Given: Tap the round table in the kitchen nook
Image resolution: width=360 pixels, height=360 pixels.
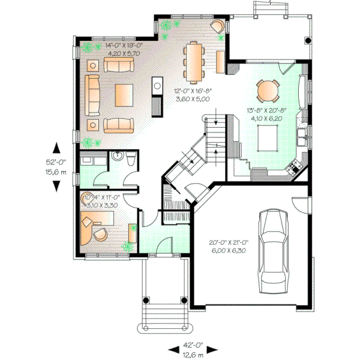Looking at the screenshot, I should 268,91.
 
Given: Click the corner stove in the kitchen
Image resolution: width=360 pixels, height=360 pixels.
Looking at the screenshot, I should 295,169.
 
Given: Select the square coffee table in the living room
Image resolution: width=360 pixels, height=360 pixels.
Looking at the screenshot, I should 125,95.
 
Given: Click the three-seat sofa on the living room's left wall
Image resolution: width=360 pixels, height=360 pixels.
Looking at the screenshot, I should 92,95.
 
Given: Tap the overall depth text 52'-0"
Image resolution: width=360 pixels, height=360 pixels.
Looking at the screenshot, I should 57,161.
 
